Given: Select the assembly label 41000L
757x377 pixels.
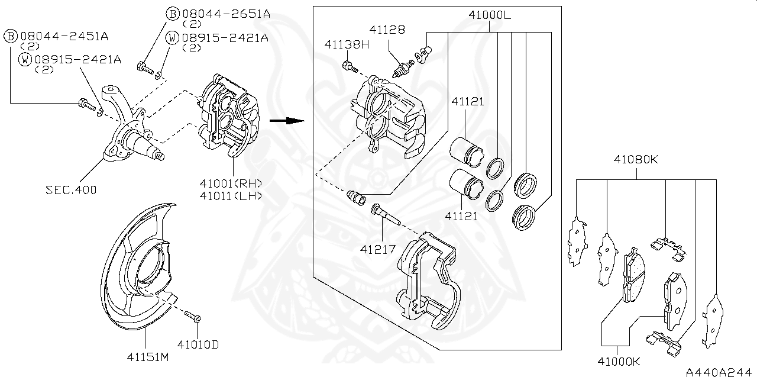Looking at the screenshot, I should [x=489, y=15].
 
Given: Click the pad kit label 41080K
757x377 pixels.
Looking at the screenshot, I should [x=636, y=159].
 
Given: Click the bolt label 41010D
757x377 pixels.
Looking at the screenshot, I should [x=197, y=343].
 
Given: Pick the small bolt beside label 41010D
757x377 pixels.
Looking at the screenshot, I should [x=193, y=317].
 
